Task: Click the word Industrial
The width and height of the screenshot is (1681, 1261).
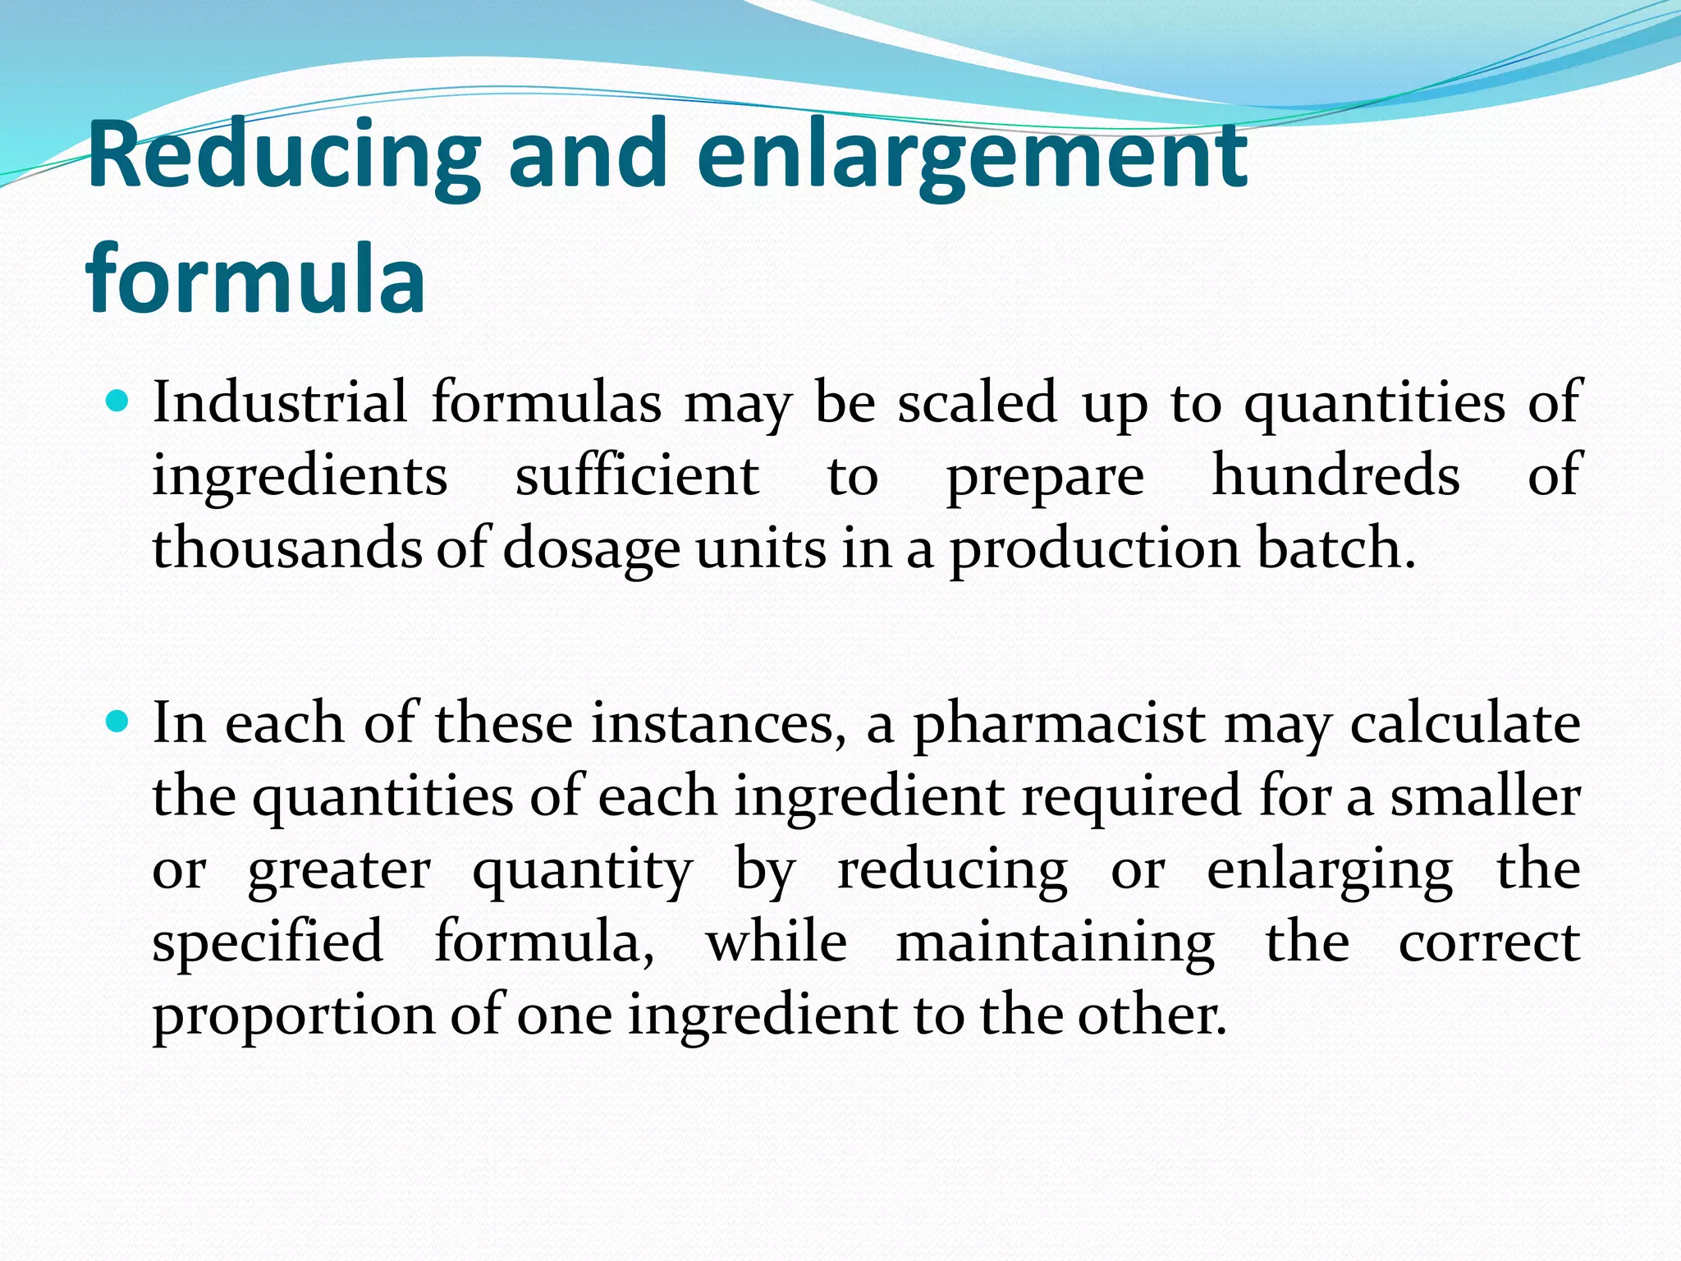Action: [x=280, y=402]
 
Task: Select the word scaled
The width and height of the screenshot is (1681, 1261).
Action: [x=977, y=402]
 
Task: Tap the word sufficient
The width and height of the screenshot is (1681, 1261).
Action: [x=637, y=475]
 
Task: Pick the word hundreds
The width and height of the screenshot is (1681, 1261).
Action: [x=1336, y=475]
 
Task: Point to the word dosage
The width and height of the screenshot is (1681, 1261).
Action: [x=591, y=549]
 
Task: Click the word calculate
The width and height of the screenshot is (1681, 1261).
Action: [x=1465, y=724]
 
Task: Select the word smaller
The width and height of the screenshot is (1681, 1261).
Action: [x=1486, y=796]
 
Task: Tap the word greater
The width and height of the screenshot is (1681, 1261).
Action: [x=339, y=869]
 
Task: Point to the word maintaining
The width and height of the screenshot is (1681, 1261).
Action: [x=1056, y=942]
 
